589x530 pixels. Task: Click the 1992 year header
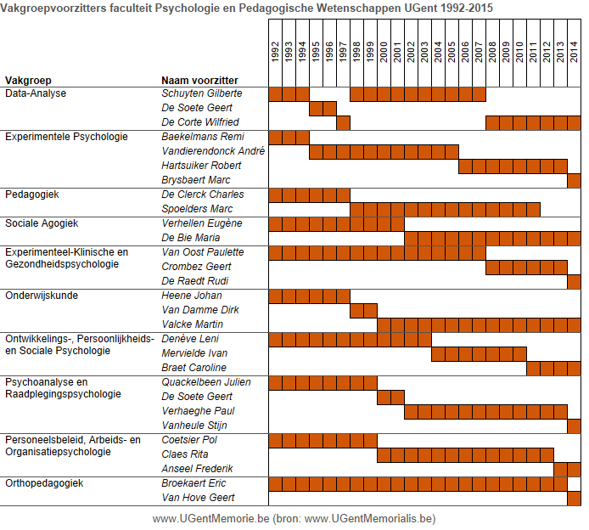pos(275,52)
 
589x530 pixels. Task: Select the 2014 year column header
pos(574,52)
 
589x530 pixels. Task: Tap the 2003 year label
pos(424,52)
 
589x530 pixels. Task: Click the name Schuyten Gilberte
pos(202,93)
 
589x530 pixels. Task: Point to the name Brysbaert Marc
pos(196,180)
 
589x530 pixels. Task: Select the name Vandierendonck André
pos(213,151)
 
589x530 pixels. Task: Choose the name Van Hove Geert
pos(198,498)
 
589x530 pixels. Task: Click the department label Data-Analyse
pos(36,93)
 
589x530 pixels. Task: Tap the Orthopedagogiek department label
pos(44,483)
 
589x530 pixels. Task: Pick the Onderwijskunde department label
pos(42,296)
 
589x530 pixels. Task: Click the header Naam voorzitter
pos(199,81)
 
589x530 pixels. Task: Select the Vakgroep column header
pos(28,81)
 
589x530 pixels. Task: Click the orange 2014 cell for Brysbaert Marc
pos(574,181)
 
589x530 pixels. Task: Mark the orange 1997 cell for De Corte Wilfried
pos(344,123)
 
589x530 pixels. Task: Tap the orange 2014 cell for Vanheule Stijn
pos(574,426)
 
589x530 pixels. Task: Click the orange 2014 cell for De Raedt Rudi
pos(574,282)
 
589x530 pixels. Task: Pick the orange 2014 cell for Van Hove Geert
pos(574,499)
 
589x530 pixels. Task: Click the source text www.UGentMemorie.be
pos(211,519)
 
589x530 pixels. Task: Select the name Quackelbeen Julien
pos(206,382)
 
